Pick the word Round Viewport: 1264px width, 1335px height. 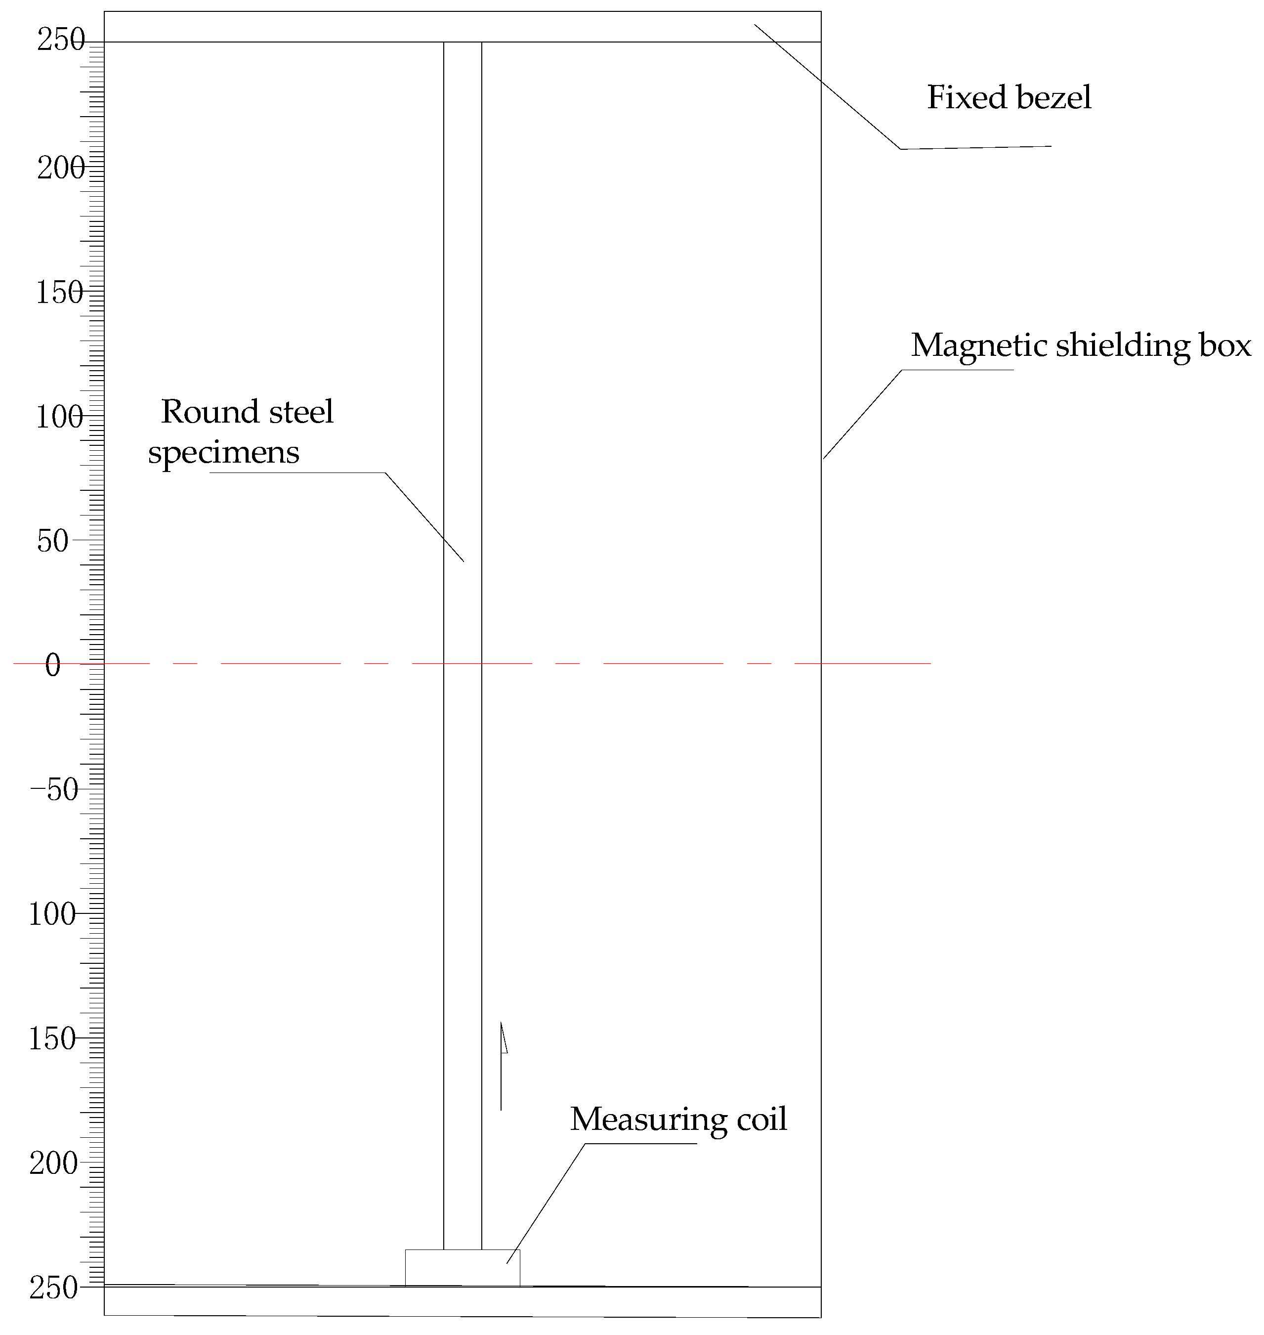tap(200, 412)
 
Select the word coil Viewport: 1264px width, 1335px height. tap(761, 1120)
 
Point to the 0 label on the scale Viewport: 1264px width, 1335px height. tap(52, 666)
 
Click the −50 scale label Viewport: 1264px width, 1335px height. tap(54, 790)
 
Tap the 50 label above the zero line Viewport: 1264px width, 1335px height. tap(52, 541)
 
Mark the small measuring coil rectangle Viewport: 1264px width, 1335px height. tap(462, 1268)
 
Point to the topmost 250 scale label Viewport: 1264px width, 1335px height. tap(61, 41)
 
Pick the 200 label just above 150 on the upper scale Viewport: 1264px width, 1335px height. tap(61, 168)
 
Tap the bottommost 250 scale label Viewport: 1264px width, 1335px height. tap(54, 1289)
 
